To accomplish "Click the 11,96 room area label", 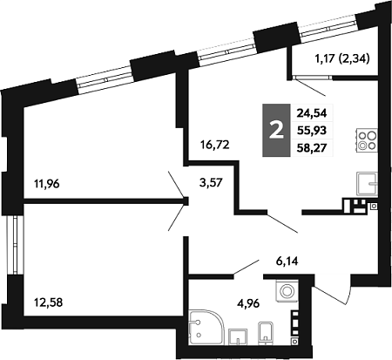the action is pos(47,184).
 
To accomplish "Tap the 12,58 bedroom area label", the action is pos(48,302).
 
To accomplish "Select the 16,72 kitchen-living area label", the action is pos(215,145).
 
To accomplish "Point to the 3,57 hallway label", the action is pos(211,183).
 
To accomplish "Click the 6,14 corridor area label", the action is pos(287,262).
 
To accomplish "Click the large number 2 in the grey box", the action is pos(276,131).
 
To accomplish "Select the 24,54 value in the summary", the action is pos(312,112).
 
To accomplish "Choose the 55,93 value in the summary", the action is pos(312,131).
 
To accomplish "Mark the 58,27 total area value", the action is pos(312,148).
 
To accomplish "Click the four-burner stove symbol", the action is pos(367,140).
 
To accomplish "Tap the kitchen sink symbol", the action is pos(368,184).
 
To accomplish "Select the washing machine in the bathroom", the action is pos(287,291).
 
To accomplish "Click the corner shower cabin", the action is pos(206,328).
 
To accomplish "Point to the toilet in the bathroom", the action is pos(266,332).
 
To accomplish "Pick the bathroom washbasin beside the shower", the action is pos(238,336).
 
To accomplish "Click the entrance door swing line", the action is pos(333,295).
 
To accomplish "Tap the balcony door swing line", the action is pos(311,87).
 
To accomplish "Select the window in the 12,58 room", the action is pos(15,245).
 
